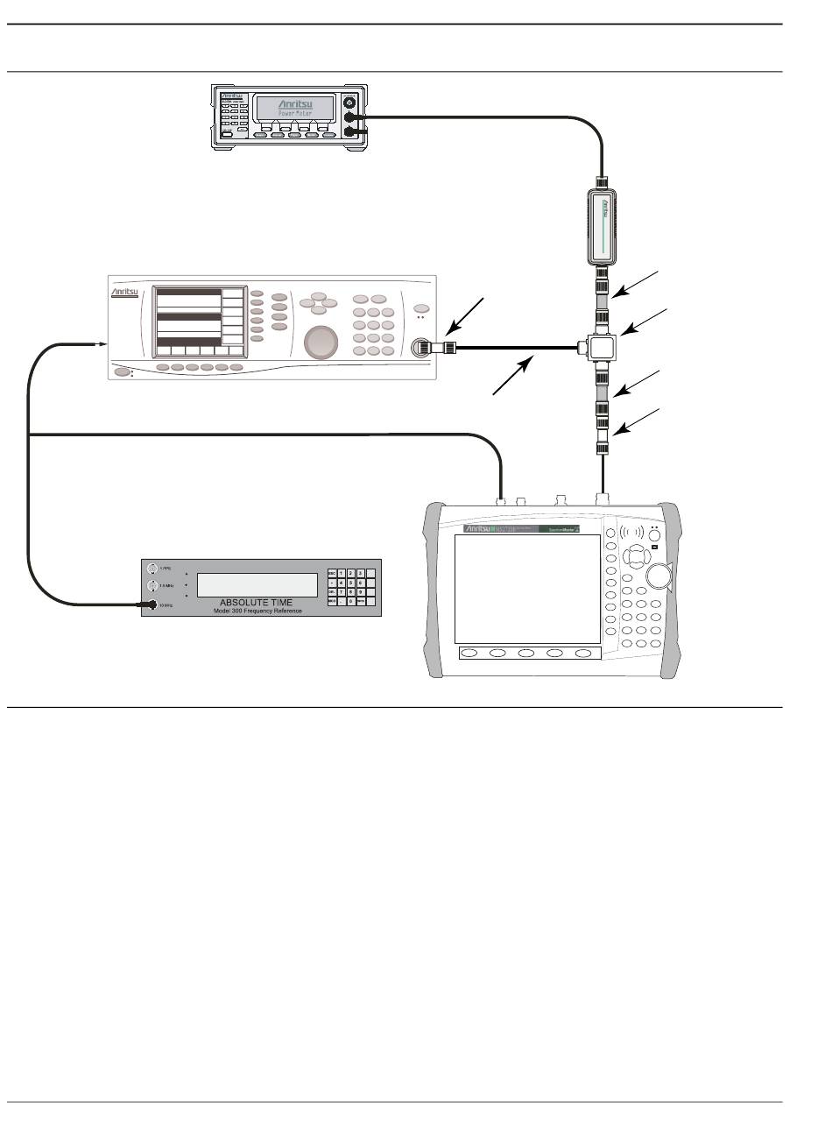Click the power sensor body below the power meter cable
[x=603, y=226]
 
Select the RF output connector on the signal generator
[x=422, y=347]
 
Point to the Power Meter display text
[x=293, y=113]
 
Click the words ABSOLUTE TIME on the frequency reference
[x=257, y=602]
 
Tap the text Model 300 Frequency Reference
[x=257, y=611]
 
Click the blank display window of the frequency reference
[x=257, y=585]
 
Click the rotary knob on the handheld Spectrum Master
[x=659, y=575]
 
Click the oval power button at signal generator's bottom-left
[x=120, y=371]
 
